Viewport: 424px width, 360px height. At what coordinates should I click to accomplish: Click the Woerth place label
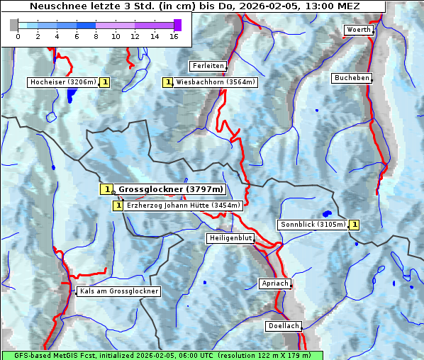pyautogui.click(x=357, y=30)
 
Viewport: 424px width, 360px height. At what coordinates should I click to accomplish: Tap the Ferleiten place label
pyautogui.click(x=208, y=66)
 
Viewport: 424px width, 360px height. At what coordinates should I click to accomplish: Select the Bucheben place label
pyautogui.click(x=352, y=78)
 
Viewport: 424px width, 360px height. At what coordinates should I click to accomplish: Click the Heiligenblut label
pyautogui.click(x=230, y=238)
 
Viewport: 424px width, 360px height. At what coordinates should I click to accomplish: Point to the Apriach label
pyautogui.click(x=274, y=283)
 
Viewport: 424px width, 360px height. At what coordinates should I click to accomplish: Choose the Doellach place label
pyautogui.click(x=284, y=327)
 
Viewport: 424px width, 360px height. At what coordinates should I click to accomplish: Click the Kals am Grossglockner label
pyautogui.click(x=118, y=291)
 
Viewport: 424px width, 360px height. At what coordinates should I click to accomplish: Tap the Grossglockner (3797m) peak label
pyautogui.click(x=170, y=189)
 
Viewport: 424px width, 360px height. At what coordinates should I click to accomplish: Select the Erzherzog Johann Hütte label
pyautogui.click(x=183, y=206)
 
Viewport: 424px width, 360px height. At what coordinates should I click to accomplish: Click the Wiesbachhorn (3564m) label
pyautogui.click(x=216, y=82)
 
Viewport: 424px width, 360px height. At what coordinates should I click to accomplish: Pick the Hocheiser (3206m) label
pyautogui.click(x=63, y=82)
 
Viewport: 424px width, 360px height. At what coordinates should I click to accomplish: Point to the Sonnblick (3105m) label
pyautogui.click(x=313, y=225)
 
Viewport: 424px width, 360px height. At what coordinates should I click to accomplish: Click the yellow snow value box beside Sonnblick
pyautogui.click(x=355, y=225)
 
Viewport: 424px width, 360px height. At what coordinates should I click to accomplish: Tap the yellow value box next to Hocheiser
pyautogui.click(x=105, y=82)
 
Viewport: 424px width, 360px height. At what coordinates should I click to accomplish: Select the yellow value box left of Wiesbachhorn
pyautogui.click(x=168, y=82)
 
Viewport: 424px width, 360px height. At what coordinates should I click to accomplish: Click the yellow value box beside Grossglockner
pyautogui.click(x=106, y=189)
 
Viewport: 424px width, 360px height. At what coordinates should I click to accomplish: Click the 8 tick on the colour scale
pyautogui.click(x=96, y=35)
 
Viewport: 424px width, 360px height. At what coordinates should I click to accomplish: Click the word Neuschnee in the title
pyautogui.click(x=53, y=6)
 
